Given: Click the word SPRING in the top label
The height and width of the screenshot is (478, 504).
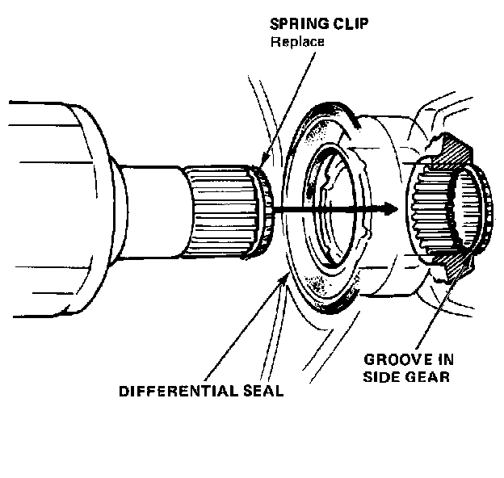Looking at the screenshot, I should click(294, 25).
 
